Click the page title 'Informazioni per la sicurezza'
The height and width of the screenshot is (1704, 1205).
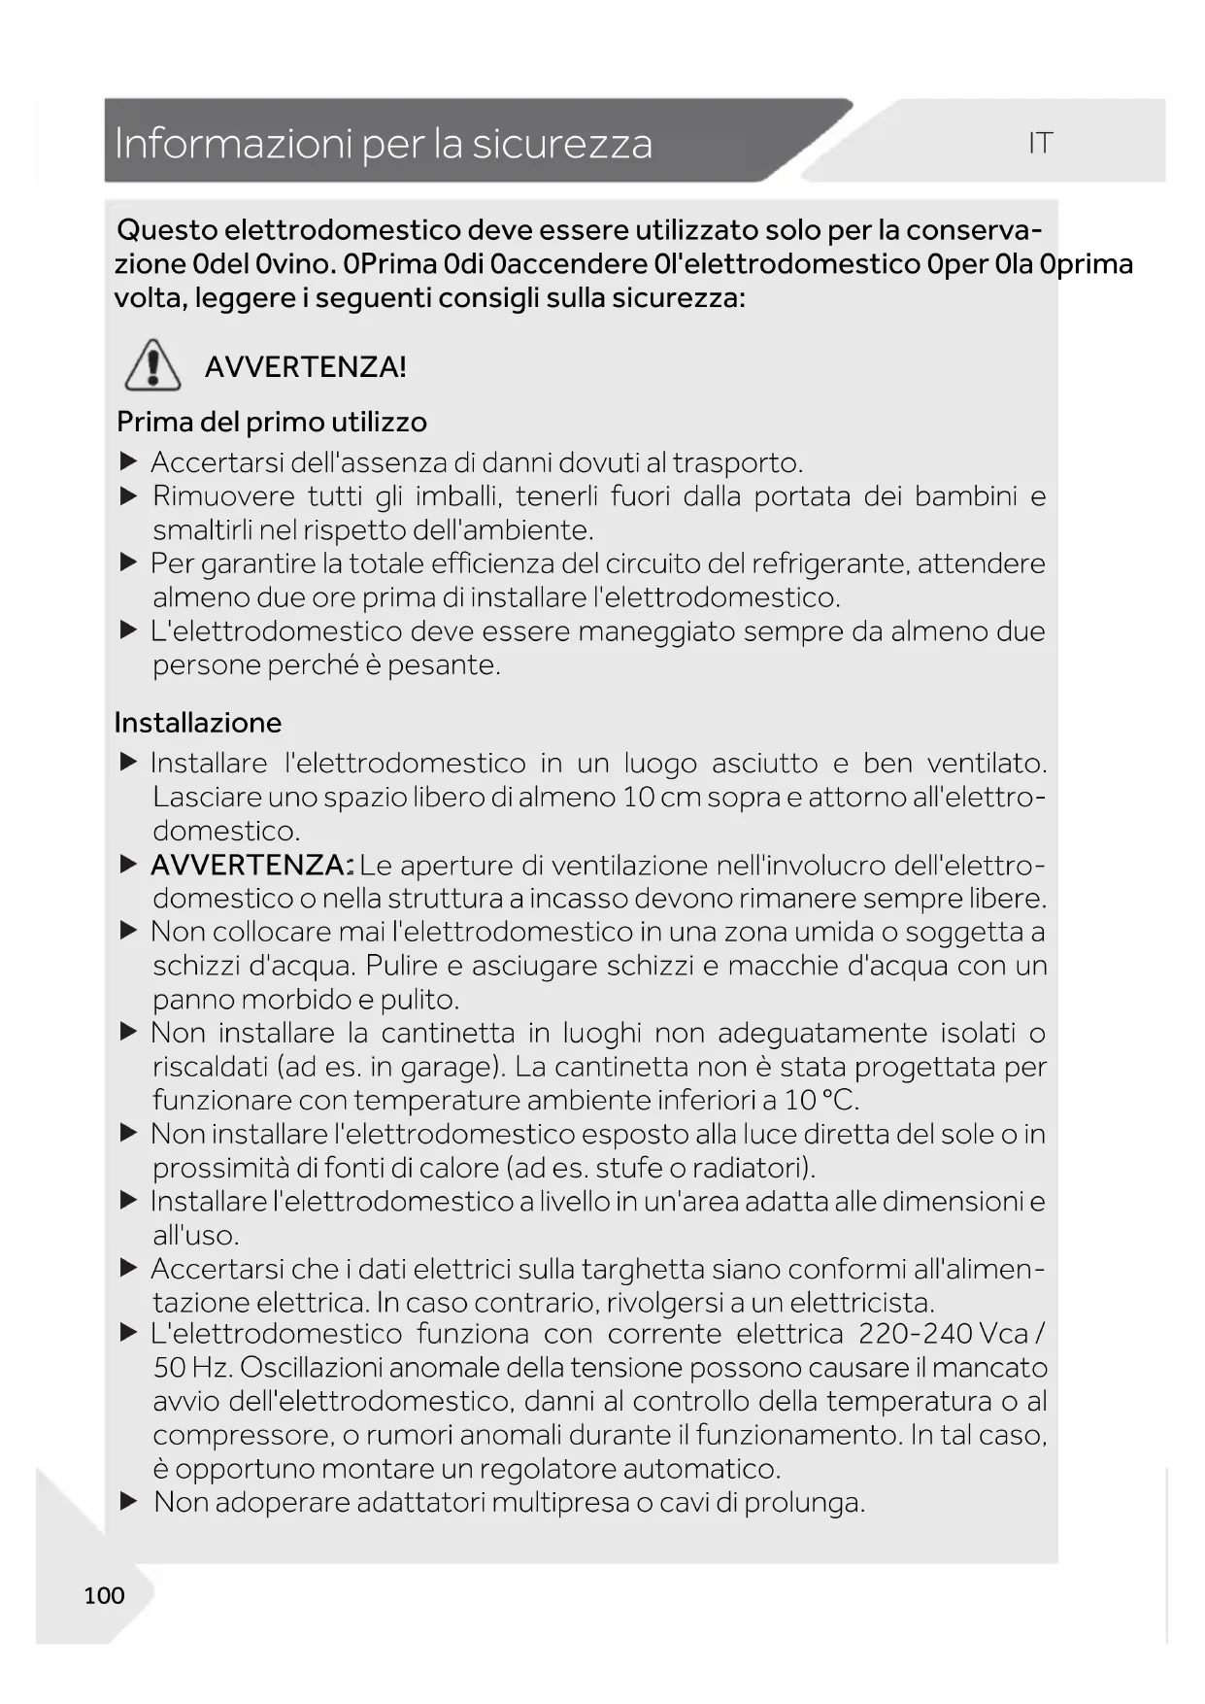tap(384, 144)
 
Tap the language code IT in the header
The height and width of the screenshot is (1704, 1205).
tap(1040, 144)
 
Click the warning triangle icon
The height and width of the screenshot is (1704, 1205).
tap(152, 366)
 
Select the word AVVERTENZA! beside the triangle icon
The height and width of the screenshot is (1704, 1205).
tap(305, 367)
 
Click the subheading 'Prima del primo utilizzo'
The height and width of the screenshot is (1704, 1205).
tap(272, 422)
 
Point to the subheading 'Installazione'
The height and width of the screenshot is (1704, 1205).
tap(198, 723)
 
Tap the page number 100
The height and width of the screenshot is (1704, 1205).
tap(104, 1595)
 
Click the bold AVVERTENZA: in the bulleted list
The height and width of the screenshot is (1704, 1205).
tap(251, 865)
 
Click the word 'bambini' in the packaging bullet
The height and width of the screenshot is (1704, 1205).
tap(965, 496)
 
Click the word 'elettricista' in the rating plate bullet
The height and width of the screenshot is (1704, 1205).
tap(859, 1302)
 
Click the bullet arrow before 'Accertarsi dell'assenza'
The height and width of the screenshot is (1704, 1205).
tap(129, 462)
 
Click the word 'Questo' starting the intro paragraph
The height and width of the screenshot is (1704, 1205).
tap(166, 230)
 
